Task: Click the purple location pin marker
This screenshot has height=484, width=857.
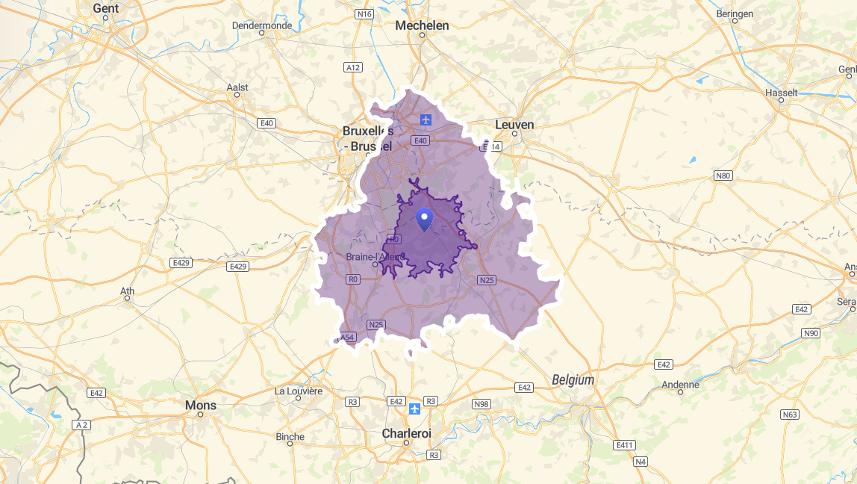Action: click(x=424, y=219)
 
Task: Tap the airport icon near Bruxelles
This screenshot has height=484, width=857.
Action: click(x=426, y=120)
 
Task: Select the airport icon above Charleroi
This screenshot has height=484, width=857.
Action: click(x=415, y=409)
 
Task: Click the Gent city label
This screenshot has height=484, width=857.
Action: click(x=106, y=8)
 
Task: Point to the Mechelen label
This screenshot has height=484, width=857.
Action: click(x=422, y=25)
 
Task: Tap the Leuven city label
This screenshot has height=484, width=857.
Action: click(x=514, y=125)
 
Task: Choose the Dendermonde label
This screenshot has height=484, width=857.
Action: click(x=261, y=25)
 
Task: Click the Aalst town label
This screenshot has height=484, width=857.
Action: click(x=237, y=87)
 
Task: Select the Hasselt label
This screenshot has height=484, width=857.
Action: click(x=781, y=93)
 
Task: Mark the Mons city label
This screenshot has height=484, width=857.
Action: click(x=200, y=406)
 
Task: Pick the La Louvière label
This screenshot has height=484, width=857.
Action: click(x=299, y=391)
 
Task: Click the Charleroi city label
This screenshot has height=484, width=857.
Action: click(x=406, y=433)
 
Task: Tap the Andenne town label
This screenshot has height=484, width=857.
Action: click(x=680, y=385)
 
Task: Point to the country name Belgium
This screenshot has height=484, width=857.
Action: click(x=573, y=380)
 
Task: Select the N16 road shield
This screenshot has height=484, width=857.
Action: click(x=364, y=13)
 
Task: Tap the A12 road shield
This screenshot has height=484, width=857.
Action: click(x=353, y=67)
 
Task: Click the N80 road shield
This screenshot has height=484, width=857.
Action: click(x=723, y=176)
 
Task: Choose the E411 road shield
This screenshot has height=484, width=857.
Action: click(x=624, y=445)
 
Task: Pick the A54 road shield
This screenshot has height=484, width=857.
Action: click(x=347, y=338)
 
